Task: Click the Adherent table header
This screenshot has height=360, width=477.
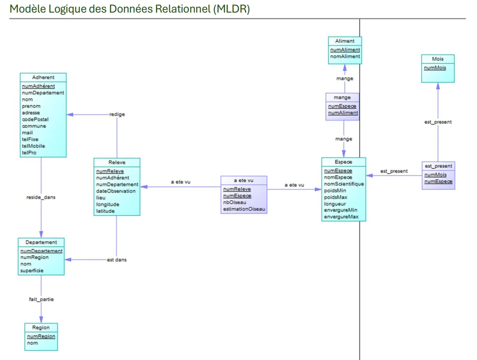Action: (43, 77)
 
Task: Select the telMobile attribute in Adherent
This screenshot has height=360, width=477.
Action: (34, 146)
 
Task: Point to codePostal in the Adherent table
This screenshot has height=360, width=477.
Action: (35, 120)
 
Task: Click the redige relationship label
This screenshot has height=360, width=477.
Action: (117, 114)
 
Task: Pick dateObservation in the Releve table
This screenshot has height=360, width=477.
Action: (116, 191)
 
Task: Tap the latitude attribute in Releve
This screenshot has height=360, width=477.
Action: (106, 211)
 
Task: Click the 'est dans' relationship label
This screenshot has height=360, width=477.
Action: (116, 260)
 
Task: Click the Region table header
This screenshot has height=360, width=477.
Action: (41, 328)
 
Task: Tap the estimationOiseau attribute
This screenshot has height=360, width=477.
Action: (244, 209)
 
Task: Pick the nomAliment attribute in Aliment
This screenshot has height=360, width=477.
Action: (345, 57)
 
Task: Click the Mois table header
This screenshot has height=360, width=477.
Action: (437, 59)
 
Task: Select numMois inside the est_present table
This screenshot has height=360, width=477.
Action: (436, 175)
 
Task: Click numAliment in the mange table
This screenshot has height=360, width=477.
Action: (343, 113)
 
